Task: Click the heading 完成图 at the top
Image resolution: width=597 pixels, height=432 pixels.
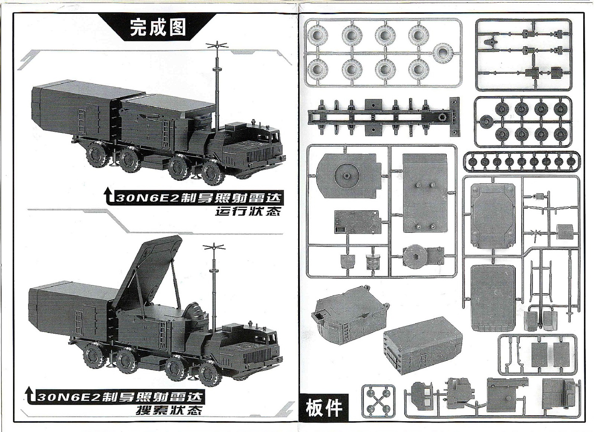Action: tap(158, 28)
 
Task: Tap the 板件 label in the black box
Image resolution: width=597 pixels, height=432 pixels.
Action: tap(324, 408)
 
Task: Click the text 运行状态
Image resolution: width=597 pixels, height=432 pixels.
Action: tap(248, 211)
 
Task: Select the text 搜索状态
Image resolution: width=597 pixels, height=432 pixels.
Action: tap(169, 410)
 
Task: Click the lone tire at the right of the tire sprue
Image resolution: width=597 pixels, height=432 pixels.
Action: tap(443, 54)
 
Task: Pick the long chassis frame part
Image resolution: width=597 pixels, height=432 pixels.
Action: tap(384, 118)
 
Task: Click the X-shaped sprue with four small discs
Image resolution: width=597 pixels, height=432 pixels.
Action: tap(378, 401)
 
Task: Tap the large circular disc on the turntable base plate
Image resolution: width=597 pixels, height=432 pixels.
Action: tap(347, 176)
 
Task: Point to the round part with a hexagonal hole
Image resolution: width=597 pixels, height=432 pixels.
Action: tap(416, 257)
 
